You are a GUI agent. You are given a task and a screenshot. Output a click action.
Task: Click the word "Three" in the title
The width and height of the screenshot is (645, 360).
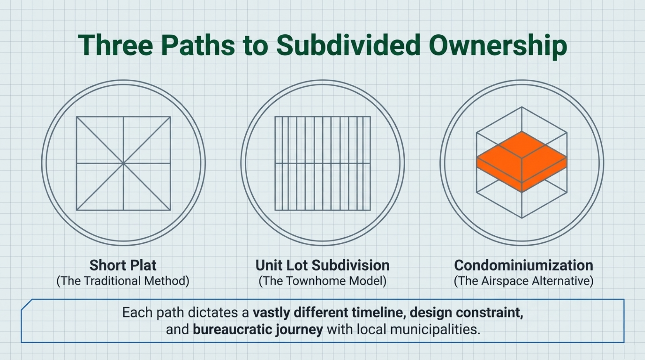tap(115, 45)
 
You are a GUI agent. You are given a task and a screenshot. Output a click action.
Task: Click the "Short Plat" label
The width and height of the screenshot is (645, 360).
tap(123, 265)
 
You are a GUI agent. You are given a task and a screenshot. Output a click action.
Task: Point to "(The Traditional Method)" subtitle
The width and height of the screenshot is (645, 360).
tap(123, 281)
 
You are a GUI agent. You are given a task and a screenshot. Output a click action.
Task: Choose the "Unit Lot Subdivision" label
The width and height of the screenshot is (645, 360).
tap(322, 265)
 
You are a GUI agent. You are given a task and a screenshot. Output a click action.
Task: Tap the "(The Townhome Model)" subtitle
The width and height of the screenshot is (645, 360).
tap(322, 281)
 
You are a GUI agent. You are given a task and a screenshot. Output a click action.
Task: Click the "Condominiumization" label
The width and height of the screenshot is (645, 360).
tap(523, 265)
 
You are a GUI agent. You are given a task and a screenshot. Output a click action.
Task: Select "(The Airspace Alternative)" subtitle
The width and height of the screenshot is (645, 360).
tap(523, 281)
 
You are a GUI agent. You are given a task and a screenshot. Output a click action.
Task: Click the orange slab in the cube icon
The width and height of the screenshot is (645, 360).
tap(522, 162)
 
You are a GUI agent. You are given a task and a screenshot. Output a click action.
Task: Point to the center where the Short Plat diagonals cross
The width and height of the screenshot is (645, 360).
tap(123, 163)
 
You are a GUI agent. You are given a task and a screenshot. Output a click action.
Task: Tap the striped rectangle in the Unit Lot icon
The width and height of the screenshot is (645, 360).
tap(323, 163)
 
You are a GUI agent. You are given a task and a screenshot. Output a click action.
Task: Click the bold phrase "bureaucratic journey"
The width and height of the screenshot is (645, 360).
tap(258, 329)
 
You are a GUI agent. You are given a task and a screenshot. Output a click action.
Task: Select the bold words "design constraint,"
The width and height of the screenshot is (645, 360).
tap(466, 312)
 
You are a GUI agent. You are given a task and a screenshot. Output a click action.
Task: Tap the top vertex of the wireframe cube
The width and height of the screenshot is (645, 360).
tap(522, 107)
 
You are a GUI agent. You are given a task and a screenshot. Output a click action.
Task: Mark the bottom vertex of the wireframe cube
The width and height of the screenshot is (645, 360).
tap(522, 218)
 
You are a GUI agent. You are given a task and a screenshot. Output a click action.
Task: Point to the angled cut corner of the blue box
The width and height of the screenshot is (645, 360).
tap(26, 305)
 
